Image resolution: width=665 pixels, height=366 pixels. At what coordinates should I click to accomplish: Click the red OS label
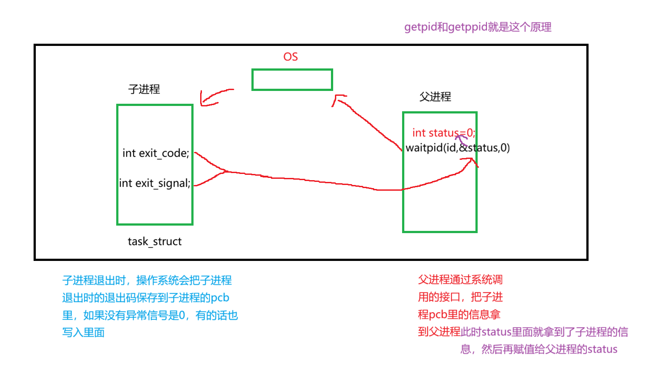point(290,57)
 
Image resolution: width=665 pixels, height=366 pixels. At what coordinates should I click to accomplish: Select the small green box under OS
point(292,80)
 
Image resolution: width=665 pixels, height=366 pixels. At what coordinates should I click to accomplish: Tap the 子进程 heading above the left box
point(144,89)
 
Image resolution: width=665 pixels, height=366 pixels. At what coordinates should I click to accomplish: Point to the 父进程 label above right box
point(435,97)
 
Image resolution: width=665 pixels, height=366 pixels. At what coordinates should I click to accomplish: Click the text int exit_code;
point(156,153)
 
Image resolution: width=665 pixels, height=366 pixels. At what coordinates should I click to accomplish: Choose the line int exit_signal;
point(155,183)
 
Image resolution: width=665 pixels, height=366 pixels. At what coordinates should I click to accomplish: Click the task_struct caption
point(155,241)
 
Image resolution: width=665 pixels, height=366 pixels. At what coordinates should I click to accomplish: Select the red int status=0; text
point(443,133)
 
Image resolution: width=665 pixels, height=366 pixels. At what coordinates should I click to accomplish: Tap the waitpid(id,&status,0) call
point(458,148)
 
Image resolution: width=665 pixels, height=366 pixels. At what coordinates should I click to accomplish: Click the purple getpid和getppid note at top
point(478,27)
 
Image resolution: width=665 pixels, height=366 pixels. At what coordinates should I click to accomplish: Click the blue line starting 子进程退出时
point(147,280)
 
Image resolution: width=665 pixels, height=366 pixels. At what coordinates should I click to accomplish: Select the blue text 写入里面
point(84,332)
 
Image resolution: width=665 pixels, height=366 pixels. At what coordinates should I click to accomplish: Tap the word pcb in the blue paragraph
point(220,298)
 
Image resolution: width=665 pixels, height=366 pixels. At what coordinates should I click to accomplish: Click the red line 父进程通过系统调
point(460,280)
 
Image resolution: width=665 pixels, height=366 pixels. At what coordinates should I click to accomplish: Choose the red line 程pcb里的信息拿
point(459,315)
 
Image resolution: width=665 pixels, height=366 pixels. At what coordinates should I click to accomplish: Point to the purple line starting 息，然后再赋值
point(539,350)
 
